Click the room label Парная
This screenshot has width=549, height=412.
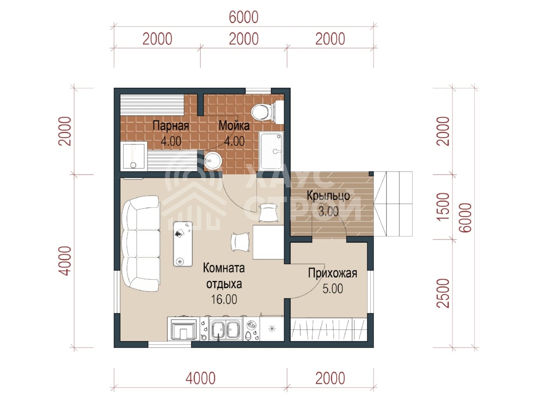pyautogui.click(x=171, y=126)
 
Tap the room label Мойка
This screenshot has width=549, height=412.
pyautogui.click(x=234, y=126)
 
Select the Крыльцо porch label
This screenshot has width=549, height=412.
pyautogui.click(x=328, y=196)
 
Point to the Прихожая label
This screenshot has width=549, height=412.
pyautogui.click(x=332, y=274)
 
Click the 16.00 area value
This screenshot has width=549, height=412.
pyautogui.click(x=224, y=300)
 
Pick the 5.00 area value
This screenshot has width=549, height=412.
pyautogui.click(x=333, y=289)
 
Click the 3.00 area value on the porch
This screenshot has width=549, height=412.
pyautogui.click(x=329, y=212)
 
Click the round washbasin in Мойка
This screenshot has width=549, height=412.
pyautogui.click(x=213, y=161)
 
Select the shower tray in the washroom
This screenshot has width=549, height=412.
pyautogui.click(x=271, y=151)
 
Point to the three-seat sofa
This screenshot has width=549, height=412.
pyautogui.click(x=141, y=243)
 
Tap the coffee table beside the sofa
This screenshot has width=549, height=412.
pyautogui.click(x=183, y=244)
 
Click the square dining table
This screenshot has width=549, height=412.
pyautogui.click(x=268, y=242)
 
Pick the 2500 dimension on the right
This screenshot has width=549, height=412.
pyautogui.click(x=443, y=293)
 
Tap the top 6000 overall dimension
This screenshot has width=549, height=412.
pyautogui.click(x=244, y=17)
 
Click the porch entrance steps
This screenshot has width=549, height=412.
pyautogui.click(x=393, y=204)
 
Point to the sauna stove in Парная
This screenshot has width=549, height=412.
pyautogui.click(x=133, y=155)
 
